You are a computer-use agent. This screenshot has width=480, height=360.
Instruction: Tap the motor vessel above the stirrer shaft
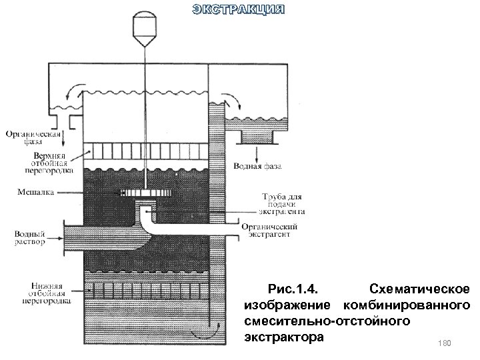click(x=145, y=25)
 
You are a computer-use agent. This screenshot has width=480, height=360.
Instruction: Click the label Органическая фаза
click(x=33, y=137)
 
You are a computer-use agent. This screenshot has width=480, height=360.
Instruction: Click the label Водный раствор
click(x=29, y=239)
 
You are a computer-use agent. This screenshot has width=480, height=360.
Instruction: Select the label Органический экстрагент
click(x=273, y=231)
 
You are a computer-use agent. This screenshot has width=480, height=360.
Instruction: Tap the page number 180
click(x=445, y=343)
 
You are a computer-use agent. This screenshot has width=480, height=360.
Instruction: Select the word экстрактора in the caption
click(x=284, y=337)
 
